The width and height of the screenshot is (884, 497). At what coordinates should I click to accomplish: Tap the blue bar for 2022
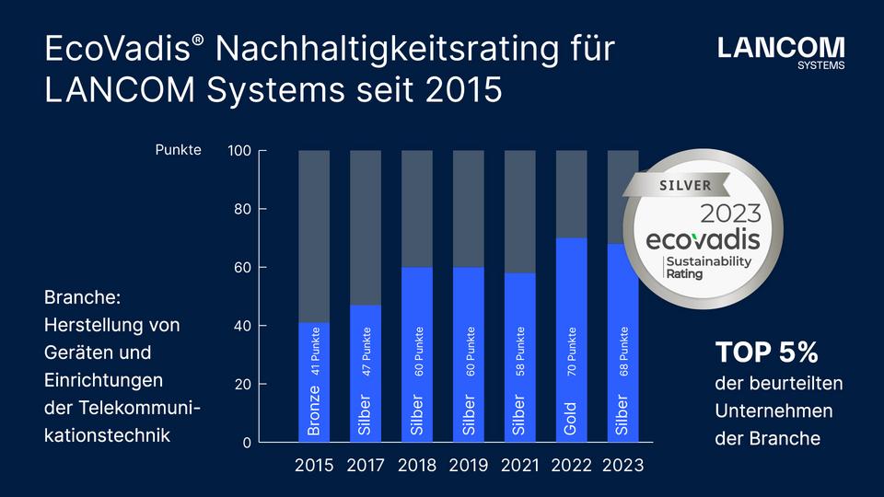tap(571, 340)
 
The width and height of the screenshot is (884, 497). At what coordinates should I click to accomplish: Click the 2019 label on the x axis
tap(469, 466)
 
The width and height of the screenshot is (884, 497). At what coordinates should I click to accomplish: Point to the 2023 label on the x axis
tap(622, 466)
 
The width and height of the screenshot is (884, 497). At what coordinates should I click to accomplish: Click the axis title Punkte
tap(178, 150)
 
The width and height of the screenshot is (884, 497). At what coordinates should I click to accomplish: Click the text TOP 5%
tap(767, 353)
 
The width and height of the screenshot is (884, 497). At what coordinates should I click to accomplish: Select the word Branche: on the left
tap(89, 298)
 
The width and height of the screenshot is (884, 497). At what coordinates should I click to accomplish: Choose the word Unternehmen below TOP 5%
tap(773, 410)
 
